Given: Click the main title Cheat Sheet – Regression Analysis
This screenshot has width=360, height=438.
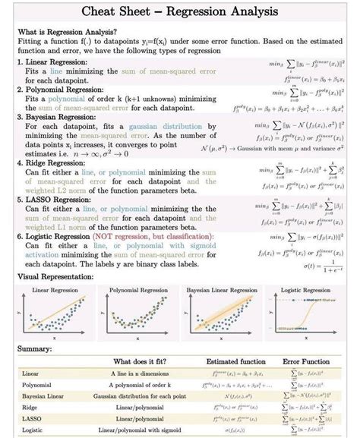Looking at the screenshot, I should tap(180, 13).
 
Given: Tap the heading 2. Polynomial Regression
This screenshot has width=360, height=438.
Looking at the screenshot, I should tap(61, 90).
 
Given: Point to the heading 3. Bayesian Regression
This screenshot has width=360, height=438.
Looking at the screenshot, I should tap(58, 118).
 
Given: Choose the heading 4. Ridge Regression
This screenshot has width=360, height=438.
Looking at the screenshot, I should tap(52, 162).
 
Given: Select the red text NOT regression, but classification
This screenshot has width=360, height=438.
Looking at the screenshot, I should tap(152, 236).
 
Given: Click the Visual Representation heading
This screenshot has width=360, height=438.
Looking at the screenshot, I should tap(55, 277).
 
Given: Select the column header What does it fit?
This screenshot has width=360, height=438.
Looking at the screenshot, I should tap(142, 362).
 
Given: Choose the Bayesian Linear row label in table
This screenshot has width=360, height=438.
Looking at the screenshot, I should tap(43, 396).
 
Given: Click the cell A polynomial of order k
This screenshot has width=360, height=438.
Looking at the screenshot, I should tap(142, 385).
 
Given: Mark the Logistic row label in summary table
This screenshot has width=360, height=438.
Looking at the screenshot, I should tap(33, 430).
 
